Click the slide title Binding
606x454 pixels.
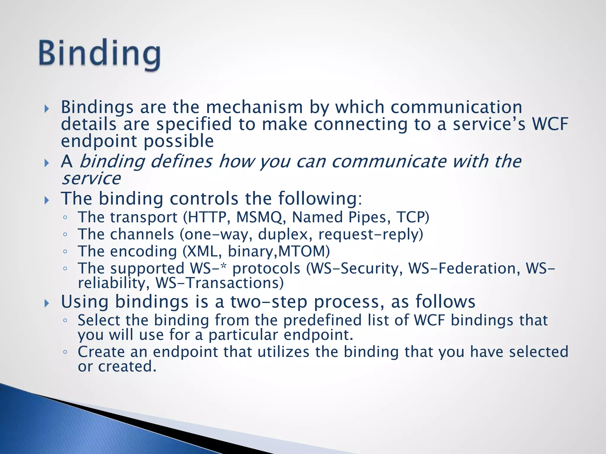(x=100, y=54)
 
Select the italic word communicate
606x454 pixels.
(x=389, y=161)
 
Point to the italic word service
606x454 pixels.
(x=91, y=179)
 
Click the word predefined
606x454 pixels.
(x=322, y=320)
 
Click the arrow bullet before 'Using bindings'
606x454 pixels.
(x=46, y=303)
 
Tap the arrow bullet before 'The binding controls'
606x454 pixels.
(x=46, y=200)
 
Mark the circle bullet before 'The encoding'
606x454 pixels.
(x=65, y=252)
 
